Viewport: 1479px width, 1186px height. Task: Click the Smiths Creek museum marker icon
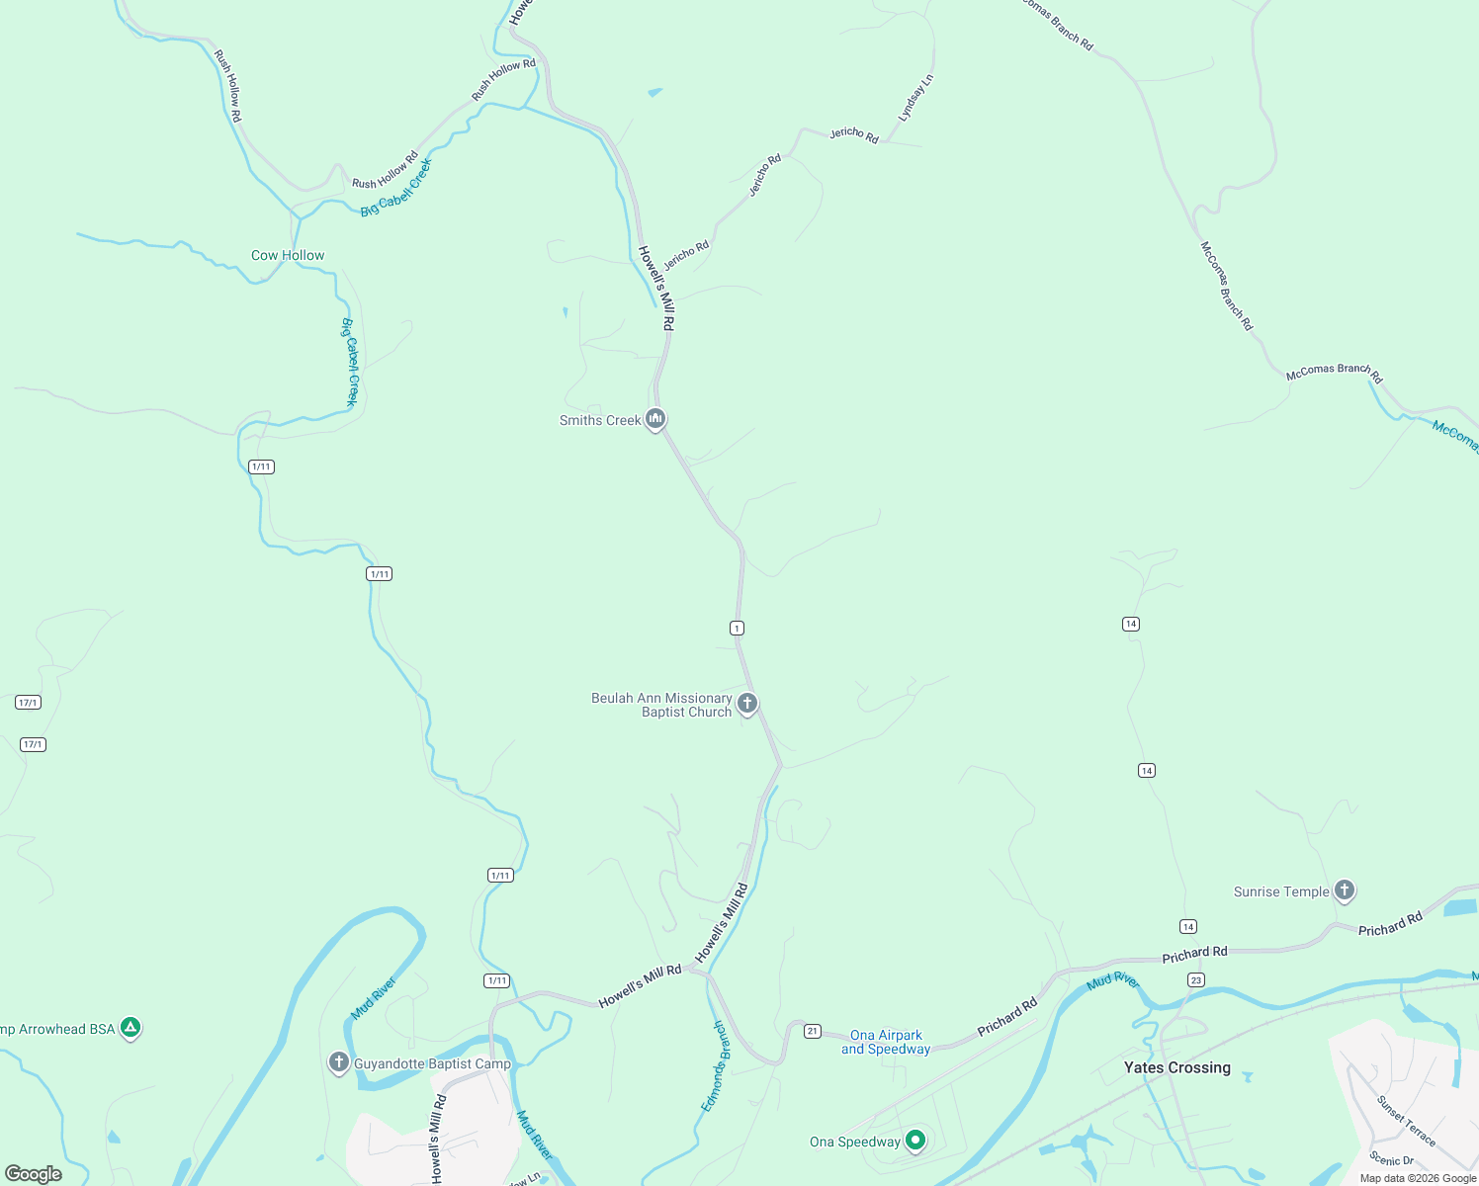[x=654, y=419]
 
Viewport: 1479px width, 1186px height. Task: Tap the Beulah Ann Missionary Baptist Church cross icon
[x=747, y=704]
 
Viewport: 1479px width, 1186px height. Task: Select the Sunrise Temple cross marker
[x=1344, y=890]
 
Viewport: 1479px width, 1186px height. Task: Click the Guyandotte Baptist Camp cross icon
[x=339, y=1062]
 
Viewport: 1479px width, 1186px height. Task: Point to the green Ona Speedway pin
[x=915, y=1141]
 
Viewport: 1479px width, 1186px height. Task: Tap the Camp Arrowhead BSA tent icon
[x=130, y=1028]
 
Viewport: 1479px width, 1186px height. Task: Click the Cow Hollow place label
[x=288, y=255]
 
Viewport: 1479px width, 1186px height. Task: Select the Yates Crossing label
[x=1176, y=1067]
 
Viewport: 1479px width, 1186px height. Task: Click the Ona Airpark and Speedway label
[x=886, y=1042]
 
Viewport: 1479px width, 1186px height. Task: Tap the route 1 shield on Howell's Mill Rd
[x=737, y=628]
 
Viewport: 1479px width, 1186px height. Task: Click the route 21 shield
[x=812, y=1031]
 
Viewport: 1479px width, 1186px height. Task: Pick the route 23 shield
[x=1196, y=979]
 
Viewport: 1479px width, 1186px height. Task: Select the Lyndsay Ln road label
[x=915, y=99]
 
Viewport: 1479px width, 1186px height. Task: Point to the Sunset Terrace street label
[x=1405, y=1120]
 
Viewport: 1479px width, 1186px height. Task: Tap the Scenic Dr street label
[x=1391, y=1159]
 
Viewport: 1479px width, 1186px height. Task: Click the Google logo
[x=34, y=1174]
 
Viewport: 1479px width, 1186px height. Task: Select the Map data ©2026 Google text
[x=1417, y=1178]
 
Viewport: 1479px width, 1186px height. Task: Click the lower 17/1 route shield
[x=33, y=744]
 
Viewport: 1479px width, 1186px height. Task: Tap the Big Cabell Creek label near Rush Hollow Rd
[x=395, y=188]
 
